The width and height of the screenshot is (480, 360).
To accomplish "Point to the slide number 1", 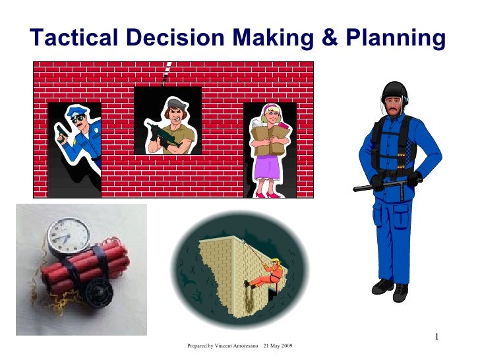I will tap(436, 338).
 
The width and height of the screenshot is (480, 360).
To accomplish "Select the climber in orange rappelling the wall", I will tap(267, 274).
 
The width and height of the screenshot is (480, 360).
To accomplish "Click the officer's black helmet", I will tap(395, 90).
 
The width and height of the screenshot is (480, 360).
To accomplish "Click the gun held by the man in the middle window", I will tap(161, 136).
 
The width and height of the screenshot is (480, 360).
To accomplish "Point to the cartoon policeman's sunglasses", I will tap(78, 119).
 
